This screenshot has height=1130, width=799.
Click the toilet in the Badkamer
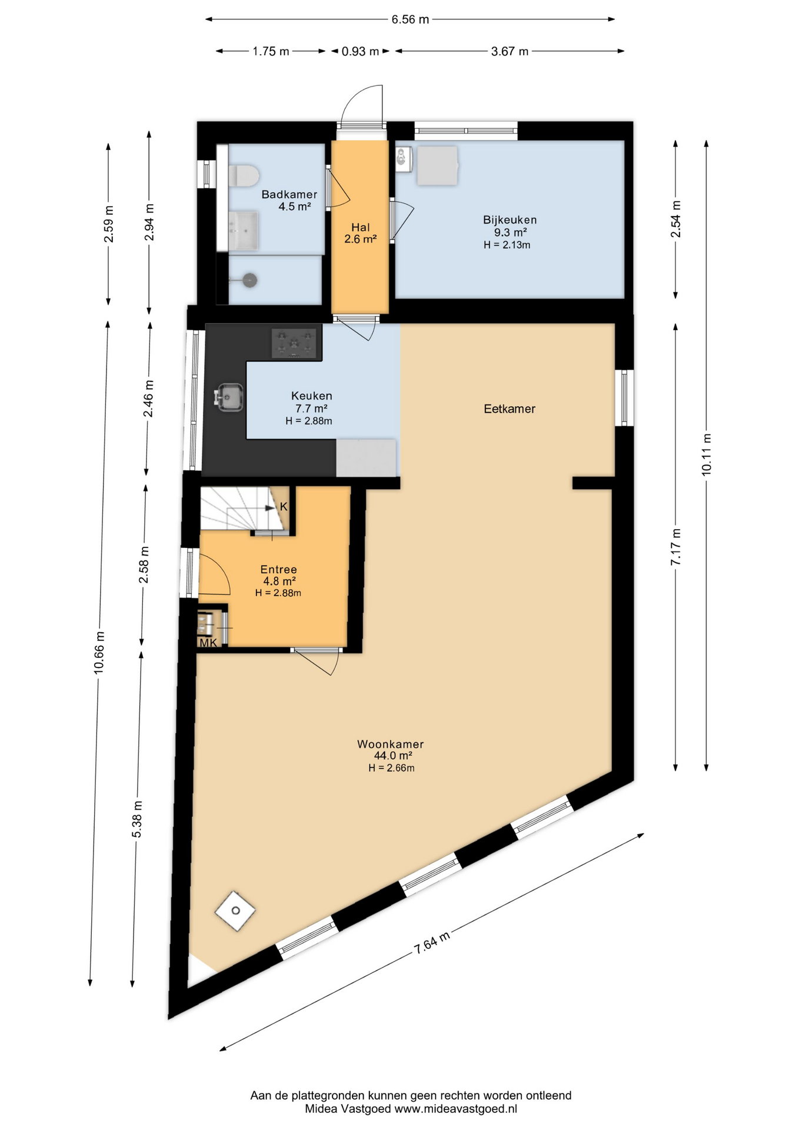[244, 175]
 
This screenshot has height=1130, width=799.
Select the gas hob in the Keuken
[296, 343]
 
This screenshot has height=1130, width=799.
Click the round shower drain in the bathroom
[249, 280]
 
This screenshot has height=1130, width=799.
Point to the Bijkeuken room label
[510, 220]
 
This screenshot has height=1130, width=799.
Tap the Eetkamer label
[510, 408]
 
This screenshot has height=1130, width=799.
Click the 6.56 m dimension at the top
[410, 19]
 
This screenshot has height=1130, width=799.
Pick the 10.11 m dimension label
[707, 454]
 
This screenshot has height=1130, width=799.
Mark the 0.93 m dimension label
[360, 51]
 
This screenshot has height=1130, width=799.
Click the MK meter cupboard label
[208, 643]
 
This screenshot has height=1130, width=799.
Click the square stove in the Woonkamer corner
[235, 910]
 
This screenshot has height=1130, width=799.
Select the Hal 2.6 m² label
[360, 233]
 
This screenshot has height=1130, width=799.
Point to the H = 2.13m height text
[507, 245]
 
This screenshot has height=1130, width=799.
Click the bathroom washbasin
[244, 230]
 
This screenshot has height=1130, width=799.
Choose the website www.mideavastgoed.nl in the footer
[455, 1109]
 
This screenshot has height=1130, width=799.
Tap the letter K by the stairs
[283, 506]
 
